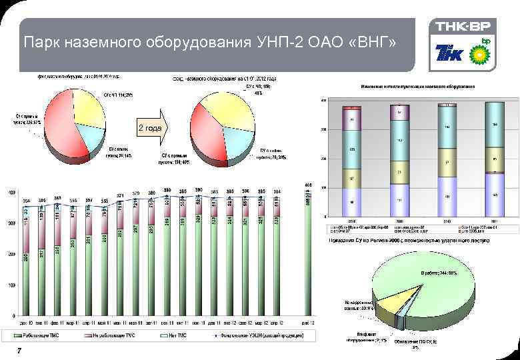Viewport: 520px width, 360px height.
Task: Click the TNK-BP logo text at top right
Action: (x=472, y=27)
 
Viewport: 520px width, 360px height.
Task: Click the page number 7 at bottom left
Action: (x=21, y=351)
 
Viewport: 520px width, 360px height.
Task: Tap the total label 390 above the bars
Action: (x=198, y=191)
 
